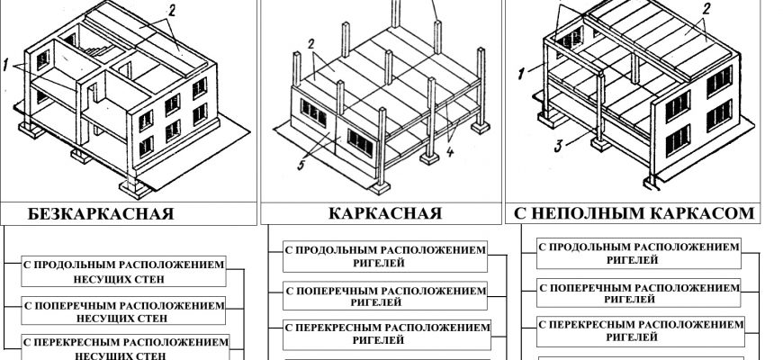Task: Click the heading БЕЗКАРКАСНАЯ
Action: (x=101, y=214)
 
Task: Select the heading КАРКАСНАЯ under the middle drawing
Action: (x=384, y=214)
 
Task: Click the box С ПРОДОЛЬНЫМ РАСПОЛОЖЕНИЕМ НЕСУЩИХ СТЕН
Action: (x=123, y=271)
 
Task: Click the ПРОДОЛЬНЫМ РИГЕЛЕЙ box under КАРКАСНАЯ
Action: (x=384, y=256)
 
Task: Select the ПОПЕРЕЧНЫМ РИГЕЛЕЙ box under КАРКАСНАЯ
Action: (x=384, y=295)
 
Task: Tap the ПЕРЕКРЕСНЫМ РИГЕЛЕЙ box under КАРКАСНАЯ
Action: (x=384, y=334)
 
